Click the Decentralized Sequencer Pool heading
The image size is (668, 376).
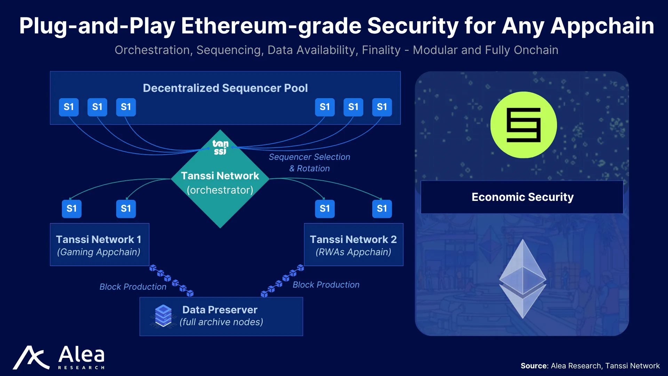coord(225,88)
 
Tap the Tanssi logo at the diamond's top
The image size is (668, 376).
coord(220,147)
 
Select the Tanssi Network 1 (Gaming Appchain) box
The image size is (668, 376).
coord(100,244)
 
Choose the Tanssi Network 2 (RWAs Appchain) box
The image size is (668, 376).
coord(353,244)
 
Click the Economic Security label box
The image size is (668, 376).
coord(522,197)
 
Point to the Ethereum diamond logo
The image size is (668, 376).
coord(523,279)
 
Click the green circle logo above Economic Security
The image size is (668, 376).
coord(524,125)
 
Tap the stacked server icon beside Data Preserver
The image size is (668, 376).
coord(163,316)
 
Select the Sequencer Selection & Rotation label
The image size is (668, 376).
coord(309,163)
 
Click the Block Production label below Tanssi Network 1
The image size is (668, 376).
coord(133,287)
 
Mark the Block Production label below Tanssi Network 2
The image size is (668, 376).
coord(326,284)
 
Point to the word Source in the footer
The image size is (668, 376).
coord(534,366)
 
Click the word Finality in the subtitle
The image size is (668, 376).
coord(381,50)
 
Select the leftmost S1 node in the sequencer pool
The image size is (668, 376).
coord(69,107)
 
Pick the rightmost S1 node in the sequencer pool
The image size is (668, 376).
coord(382,107)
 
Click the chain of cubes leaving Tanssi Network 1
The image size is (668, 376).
coord(172,281)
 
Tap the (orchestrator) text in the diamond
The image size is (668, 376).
coord(220,190)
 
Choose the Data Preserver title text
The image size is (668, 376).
coord(220,310)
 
